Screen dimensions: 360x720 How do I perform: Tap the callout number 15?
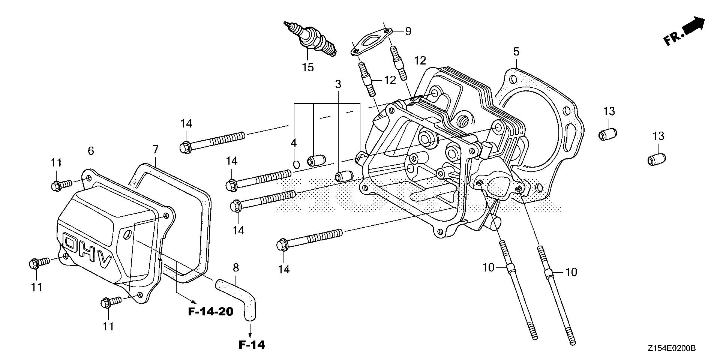pyautogui.click(x=307, y=67)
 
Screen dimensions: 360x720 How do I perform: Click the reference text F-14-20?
pyautogui.click(x=210, y=311)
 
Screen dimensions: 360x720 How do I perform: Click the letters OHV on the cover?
pyautogui.click(x=88, y=253)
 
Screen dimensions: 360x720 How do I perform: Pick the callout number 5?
pyautogui.click(x=516, y=52)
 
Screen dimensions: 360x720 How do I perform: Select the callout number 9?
pyautogui.click(x=408, y=31)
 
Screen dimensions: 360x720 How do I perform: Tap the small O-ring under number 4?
pyautogui.click(x=296, y=163)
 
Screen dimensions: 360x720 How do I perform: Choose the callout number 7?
pyautogui.click(x=156, y=150)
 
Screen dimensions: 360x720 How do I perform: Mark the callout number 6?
pyautogui.click(x=91, y=151)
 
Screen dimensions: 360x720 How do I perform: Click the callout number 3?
pyautogui.click(x=338, y=84)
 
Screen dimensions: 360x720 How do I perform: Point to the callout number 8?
pyautogui.click(x=235, y=267)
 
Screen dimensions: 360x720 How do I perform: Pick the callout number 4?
pyautogui.click(x=294, y=143)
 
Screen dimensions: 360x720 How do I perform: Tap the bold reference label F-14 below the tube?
pyautogui.click(x=252, y=344)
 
